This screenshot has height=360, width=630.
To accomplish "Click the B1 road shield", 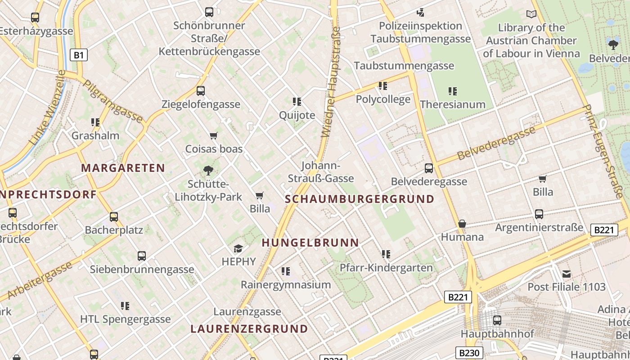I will click(79, 55).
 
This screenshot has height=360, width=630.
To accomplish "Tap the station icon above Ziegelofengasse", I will click(201, 91).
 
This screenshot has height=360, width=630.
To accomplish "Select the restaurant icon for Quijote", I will click(297, 102).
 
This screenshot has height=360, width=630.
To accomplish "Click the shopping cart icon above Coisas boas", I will click(214, 135).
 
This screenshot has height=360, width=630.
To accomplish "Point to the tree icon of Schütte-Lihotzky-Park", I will click(208, 170).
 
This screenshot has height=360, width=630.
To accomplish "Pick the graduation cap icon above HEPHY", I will click(238, 248).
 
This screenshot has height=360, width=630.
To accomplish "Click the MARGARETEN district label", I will click(123, 168).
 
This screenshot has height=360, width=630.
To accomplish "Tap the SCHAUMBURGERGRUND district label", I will click(360, 199).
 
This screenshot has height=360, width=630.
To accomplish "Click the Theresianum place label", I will click(452, 104).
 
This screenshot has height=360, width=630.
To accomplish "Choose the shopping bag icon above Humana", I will click(462, 224).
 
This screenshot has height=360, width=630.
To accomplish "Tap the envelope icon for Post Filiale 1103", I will click(567, 274).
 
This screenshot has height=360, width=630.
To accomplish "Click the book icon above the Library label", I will click(531, 14).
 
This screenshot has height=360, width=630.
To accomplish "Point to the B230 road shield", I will click(469, 353).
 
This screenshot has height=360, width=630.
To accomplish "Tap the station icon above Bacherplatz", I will click(114, 217).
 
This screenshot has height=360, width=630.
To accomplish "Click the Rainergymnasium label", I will click(286, 285).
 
